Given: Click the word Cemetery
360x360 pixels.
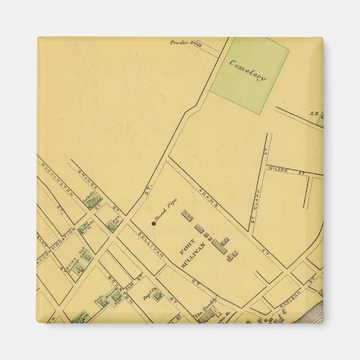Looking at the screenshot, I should coord(248,70).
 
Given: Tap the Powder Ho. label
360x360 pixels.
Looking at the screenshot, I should coord(184,42).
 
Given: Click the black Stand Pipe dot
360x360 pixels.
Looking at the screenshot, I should coord(154,223).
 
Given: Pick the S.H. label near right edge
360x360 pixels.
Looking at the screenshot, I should coord(314,113).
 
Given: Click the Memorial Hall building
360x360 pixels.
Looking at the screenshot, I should coord(117,297).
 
